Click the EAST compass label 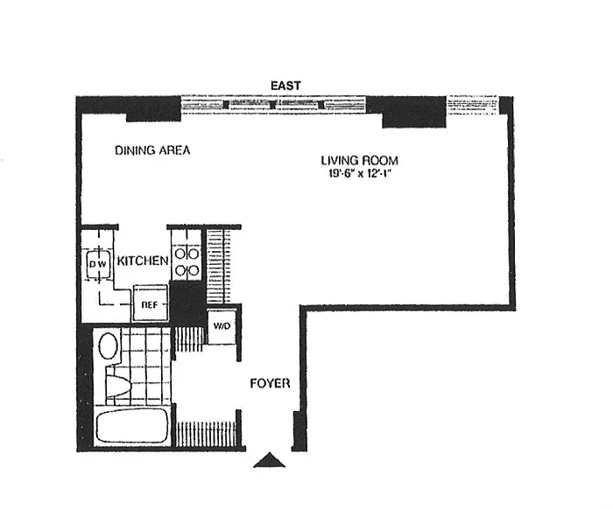point(285,86)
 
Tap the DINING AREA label point(152,150)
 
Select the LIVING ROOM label point(360,160)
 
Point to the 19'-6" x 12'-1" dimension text point(360,173)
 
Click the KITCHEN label point(143,261)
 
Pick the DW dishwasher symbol point(98,264)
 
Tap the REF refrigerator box point(150,303)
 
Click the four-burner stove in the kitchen point(187,261)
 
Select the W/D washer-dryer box point(222,326)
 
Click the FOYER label point(270,383)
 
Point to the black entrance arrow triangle point(270,460)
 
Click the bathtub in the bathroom point(132,426)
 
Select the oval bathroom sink point(109,345)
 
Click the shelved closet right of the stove point(218,267)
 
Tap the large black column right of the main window point(406,112)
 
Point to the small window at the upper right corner point(473,106)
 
